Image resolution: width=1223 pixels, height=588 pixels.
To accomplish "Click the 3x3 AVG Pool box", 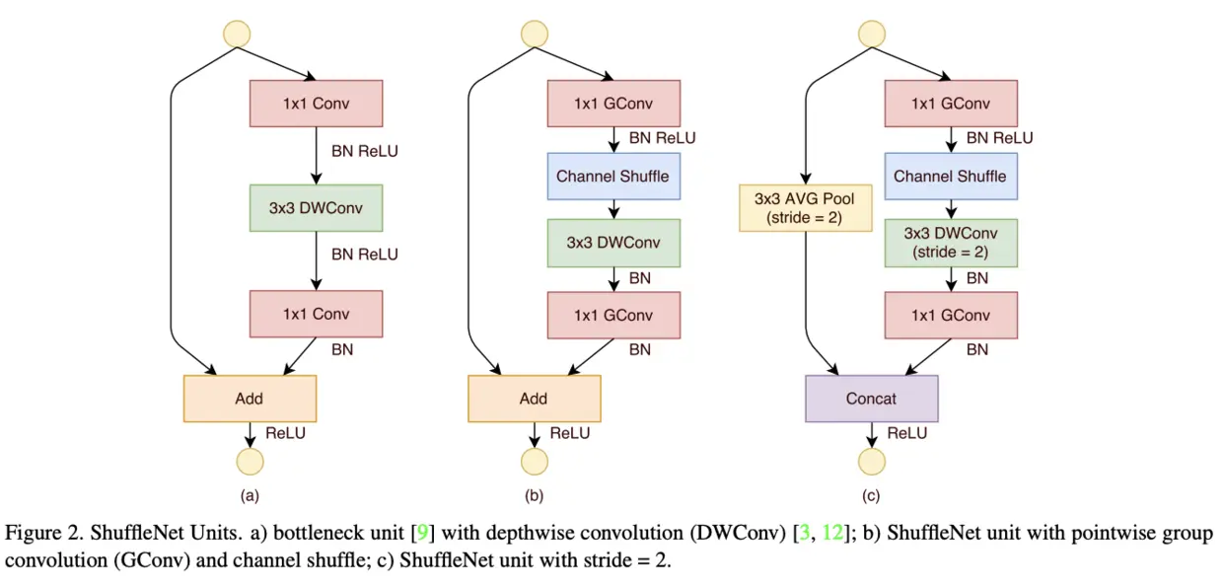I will (806, 208).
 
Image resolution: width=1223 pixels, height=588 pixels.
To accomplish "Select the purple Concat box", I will (872, 399).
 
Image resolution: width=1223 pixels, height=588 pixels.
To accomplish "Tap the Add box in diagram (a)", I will (250, 399).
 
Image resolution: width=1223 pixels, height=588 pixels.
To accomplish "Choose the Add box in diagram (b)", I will (534, 399).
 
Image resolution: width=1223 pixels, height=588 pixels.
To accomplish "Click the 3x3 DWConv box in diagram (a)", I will (316, 208).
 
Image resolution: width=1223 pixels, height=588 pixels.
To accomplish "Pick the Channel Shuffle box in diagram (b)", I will (612, 177).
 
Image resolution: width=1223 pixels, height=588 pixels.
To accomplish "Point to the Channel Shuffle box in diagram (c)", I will (951, 177).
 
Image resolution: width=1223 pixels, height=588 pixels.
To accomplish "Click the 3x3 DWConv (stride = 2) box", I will (951, 243).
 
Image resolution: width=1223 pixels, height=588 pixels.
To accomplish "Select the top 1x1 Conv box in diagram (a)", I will (316, 103).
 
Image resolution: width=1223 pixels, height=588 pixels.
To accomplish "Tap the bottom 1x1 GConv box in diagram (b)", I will (612, 315).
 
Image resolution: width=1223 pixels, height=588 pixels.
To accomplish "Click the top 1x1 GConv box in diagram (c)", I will (951, 103).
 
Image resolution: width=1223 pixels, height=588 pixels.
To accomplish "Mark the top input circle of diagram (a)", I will (237, 33).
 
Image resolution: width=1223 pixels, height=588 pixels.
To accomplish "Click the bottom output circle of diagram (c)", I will (872, 461).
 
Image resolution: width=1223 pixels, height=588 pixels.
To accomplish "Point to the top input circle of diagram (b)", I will (534, 33).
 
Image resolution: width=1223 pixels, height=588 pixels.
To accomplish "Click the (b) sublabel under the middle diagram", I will (534, 495).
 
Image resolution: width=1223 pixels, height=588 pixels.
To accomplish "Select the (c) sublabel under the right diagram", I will (872, 495).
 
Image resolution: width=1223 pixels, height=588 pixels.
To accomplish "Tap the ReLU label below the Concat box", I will (907, 433).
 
